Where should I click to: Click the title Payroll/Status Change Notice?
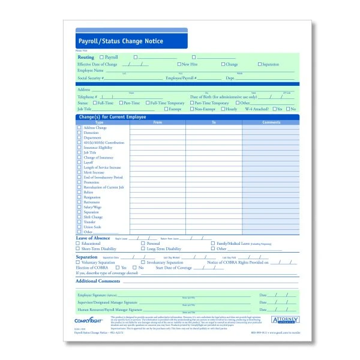pos(121,41)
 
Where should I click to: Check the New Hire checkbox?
pos(179,64)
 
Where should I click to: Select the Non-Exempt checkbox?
pos(191,109)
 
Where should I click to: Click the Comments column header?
pos(271,122)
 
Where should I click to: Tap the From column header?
pos(158,122)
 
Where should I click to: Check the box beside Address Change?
pos(79,128)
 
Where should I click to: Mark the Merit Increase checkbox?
pos(79,172)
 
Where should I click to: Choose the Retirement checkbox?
pos(79,202)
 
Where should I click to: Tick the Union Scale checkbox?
pos(79,227)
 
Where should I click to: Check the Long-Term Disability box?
pos(142,248)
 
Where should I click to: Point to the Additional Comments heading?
pos(98,281)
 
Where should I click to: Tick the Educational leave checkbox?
pos(79,244)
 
